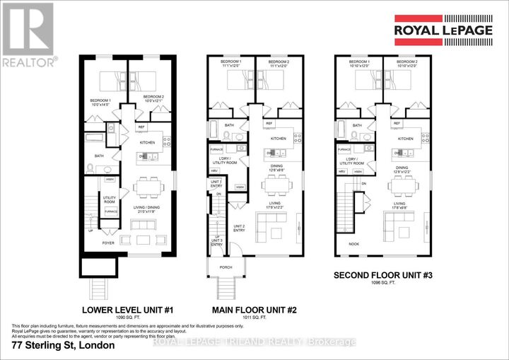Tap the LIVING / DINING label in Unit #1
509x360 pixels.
(x=148, y=210)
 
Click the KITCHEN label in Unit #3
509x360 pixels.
(x=405, y=139)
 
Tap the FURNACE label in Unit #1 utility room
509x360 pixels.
(x=111, y=211)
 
